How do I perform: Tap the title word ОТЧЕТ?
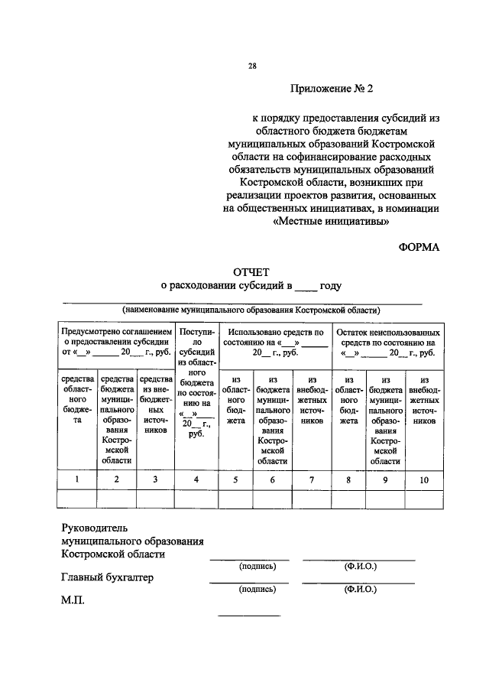250,271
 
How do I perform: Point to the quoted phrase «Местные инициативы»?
331,222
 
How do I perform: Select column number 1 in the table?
76,479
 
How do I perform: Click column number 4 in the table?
196,479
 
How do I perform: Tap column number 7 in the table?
311,479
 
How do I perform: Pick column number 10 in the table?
424,479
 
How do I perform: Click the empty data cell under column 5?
236,499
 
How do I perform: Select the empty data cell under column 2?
116,499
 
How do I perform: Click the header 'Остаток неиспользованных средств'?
387,338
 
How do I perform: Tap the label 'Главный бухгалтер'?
107,577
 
